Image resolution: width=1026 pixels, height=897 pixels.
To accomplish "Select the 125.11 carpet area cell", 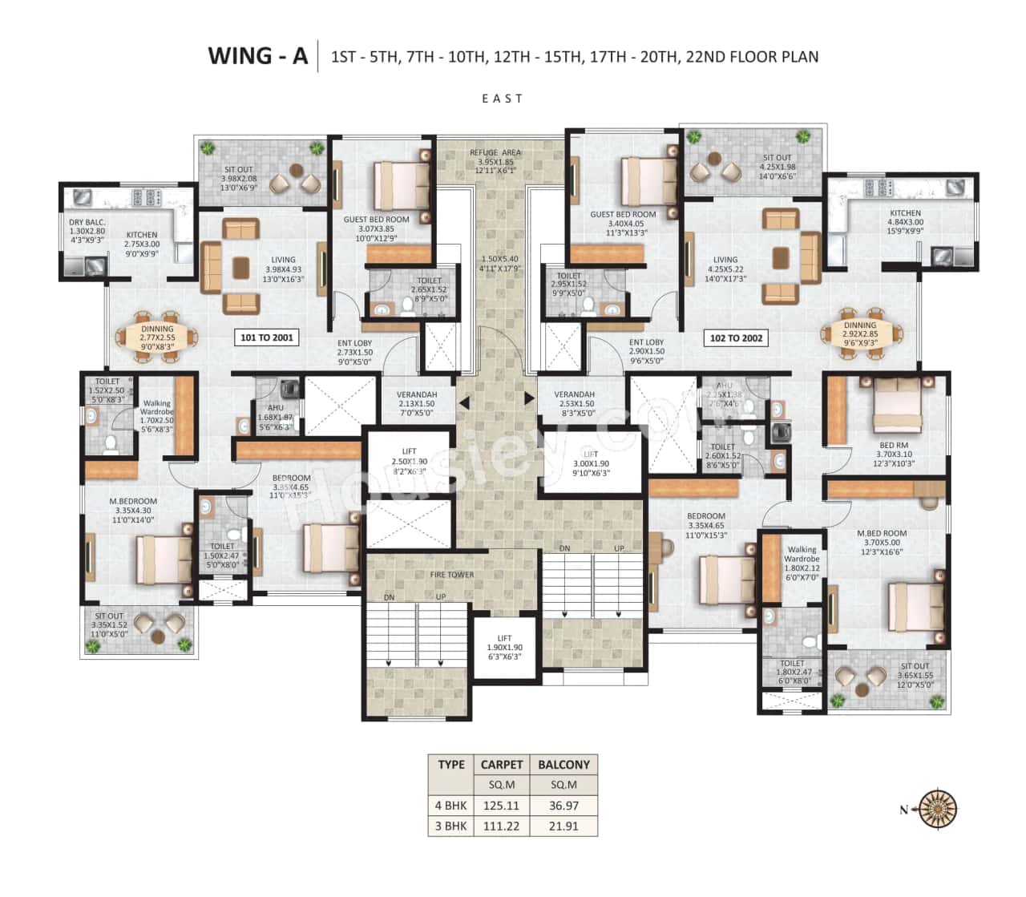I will [x=501, y=806].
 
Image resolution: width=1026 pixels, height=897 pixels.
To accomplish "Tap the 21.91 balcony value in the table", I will [x=563, y=826].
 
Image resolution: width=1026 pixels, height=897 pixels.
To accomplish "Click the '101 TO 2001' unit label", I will [x=267, y=337].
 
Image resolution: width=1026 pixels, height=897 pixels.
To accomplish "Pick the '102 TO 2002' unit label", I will [x=735, y=338].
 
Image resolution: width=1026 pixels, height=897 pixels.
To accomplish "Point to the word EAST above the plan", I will [x=503, y=99].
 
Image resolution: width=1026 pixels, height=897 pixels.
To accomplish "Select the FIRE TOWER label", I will [x=452, y=575].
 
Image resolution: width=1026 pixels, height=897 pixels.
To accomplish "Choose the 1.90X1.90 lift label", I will [x=504, y=647].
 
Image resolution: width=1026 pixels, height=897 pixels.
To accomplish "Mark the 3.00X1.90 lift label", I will [x=591, y=464].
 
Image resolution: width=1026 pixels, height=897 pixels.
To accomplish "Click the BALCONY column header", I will [x=563, y=765].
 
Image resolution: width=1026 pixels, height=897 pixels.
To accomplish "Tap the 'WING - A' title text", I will [x=257, y=56].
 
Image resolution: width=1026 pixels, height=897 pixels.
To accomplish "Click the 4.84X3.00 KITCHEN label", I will [x=905, y=222].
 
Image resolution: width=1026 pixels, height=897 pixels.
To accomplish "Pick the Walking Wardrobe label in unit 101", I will [x=156, y=411].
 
